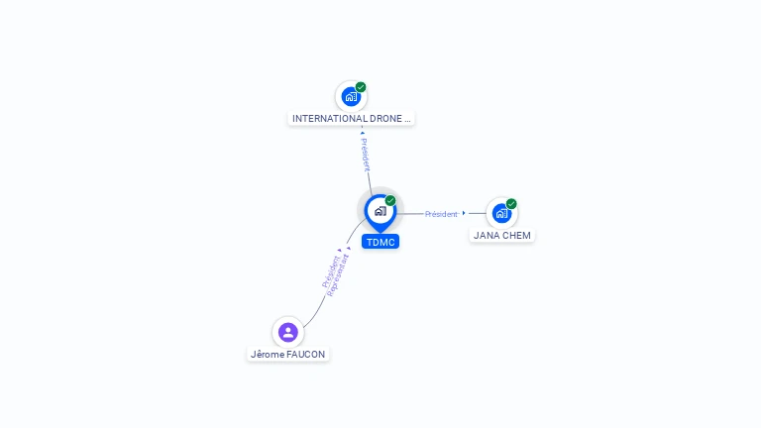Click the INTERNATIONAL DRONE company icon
point(350,96)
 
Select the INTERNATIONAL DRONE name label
point(351,119)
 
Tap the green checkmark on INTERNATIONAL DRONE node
point(361,87)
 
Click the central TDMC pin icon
point(380,211)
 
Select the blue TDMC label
point(380,242)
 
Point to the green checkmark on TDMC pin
point(390,201)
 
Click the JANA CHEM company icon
point(501,213)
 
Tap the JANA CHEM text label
point(502,236)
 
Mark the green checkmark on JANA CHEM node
point(511,204)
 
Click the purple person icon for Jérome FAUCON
point(287,332)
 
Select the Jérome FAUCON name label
point(287,355)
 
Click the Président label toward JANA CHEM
point(441,214)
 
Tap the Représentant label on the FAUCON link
point(339,275)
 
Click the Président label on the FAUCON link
point(330,270)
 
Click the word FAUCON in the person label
point(305,355)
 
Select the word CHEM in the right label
point(516,236)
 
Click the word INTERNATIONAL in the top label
point(330,119)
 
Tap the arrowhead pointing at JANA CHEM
point(464,213)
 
